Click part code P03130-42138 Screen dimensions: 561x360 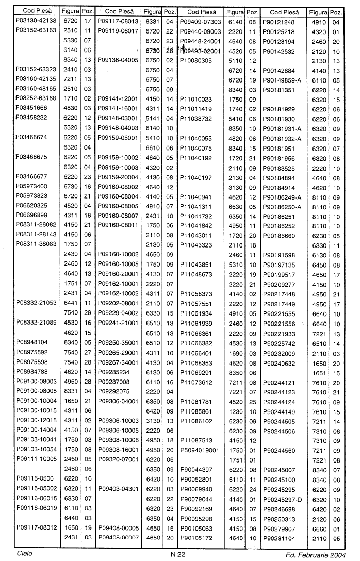tap(35, 22)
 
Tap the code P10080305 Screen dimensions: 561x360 tap(197, 60)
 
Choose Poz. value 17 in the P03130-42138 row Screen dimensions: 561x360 tap(87, 22)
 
